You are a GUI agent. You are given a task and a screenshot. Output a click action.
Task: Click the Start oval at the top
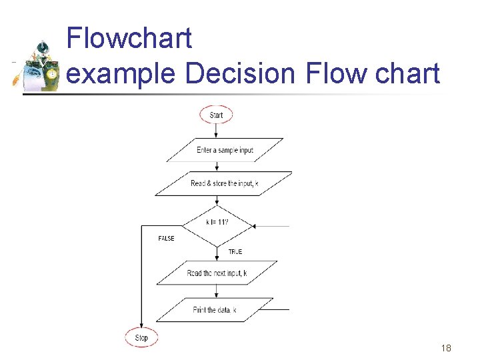[x=216, y=115]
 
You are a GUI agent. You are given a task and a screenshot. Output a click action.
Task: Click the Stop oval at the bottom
[x=141, y=337]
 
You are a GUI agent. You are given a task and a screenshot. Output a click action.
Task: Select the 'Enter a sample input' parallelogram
[x=225, y=150]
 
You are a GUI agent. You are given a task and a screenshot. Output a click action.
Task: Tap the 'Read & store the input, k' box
[x=224, y=183]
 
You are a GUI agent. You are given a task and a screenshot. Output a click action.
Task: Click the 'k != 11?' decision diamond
[x=217, y=223]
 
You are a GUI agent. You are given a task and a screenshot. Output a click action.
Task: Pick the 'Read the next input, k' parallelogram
[x=217, y=273]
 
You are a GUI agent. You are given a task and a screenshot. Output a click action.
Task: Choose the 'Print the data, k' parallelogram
[x=215, y=310]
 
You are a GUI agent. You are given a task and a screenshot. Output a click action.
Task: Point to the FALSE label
[x=166, y=238]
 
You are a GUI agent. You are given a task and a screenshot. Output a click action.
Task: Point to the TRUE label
[x=235, y=251]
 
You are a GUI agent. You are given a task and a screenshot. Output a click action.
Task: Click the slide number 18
[x=446, y=348]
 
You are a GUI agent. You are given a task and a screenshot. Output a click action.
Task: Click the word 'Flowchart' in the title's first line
[x=129, y=39]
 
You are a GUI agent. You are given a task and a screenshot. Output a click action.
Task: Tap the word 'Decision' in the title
[x=239, y=73]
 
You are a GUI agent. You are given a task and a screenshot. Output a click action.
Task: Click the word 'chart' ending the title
[x=407, y=73]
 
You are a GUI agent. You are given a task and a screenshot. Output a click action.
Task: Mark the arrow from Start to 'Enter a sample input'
[x=216, y=131]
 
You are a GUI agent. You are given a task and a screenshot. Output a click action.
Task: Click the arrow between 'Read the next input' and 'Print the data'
[x=216, y=291]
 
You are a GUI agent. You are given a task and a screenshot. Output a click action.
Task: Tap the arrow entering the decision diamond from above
[x=217, y=201]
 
